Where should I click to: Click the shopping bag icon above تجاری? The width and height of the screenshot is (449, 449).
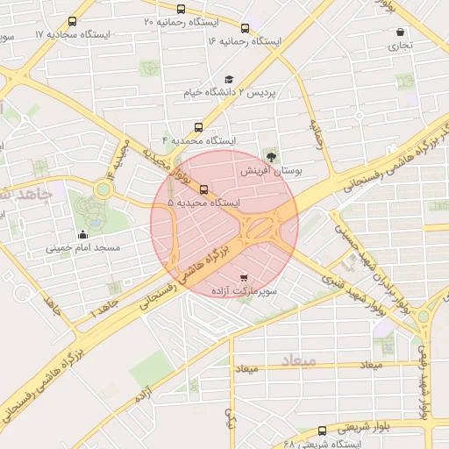click(400, 32)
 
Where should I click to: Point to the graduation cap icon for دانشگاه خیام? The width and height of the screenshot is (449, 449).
click(230, 79)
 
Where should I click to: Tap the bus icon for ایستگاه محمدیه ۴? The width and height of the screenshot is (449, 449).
click(199, 126)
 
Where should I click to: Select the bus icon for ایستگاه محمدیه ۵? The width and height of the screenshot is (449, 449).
click(204, 189)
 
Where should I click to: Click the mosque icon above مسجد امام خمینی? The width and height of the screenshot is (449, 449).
click(83, 234)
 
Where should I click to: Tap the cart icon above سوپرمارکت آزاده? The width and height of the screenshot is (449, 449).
click(244, 277)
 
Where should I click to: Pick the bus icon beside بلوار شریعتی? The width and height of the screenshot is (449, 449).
click(322, 430)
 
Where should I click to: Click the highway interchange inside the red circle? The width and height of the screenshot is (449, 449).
click(260, 229)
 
